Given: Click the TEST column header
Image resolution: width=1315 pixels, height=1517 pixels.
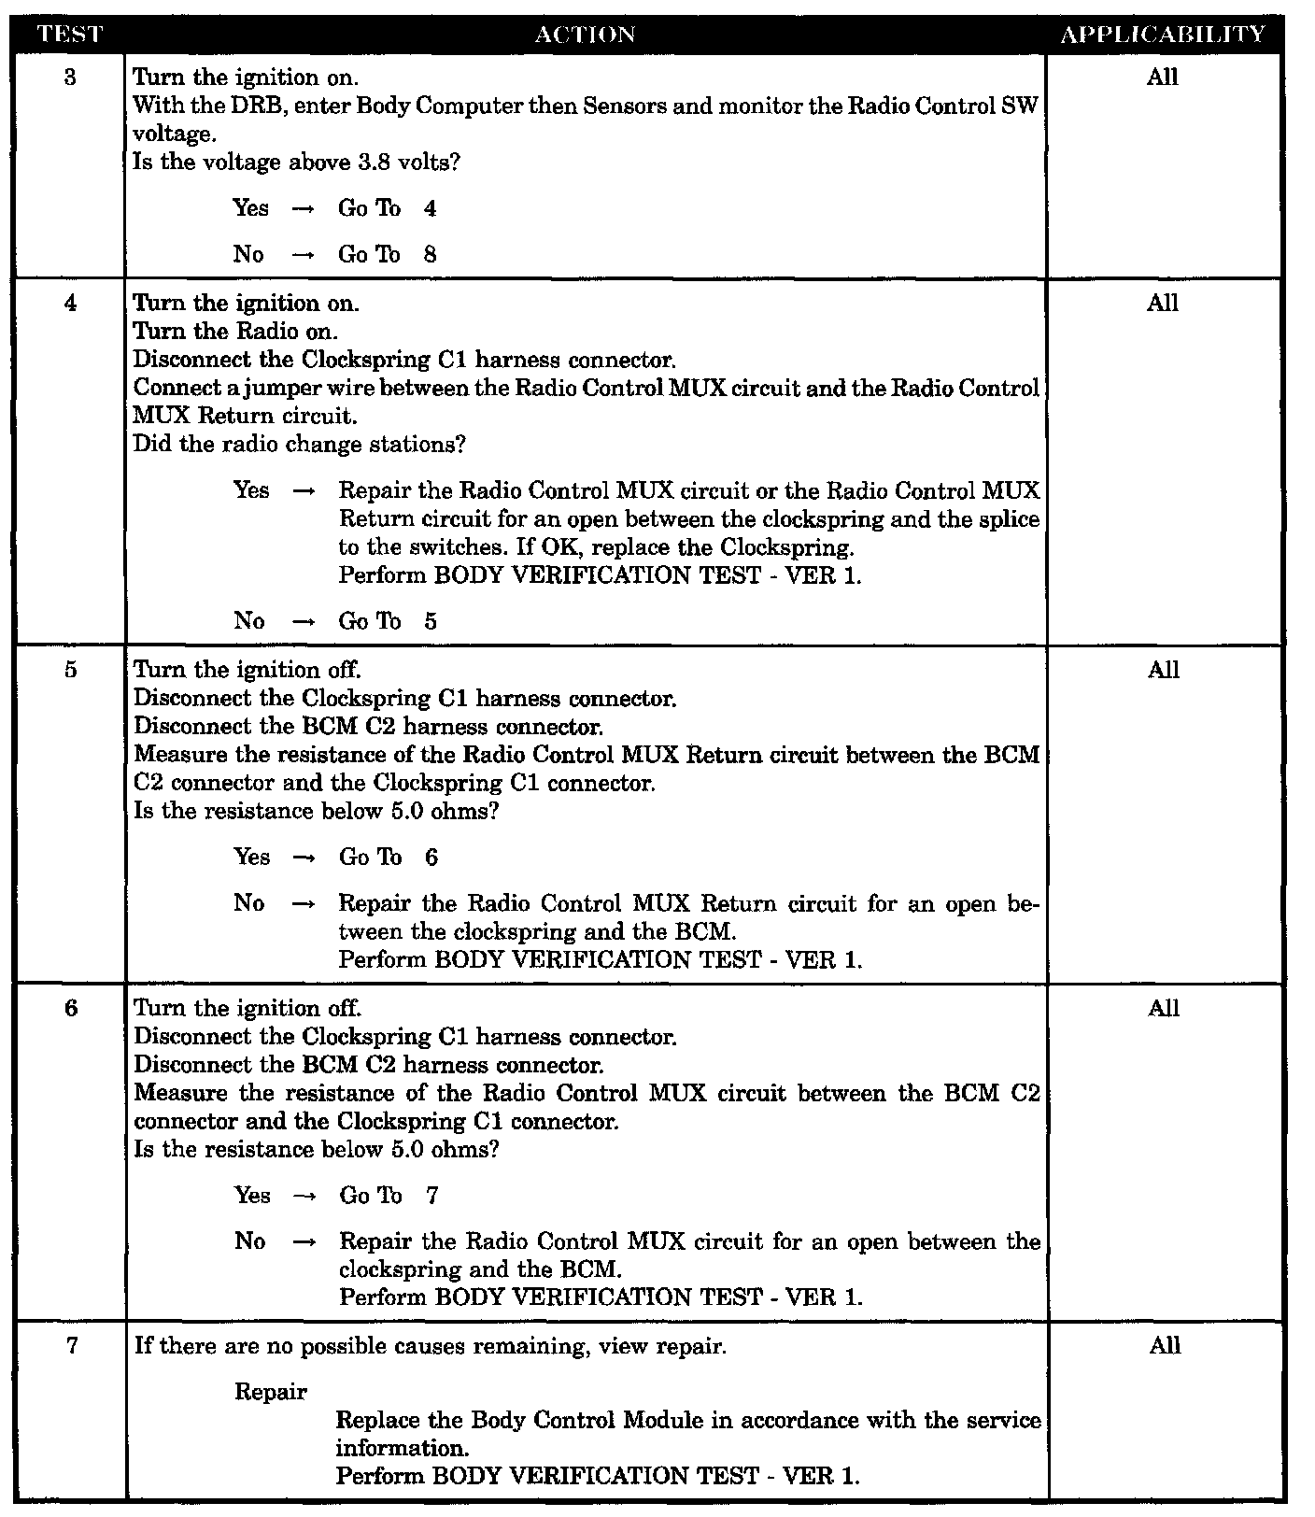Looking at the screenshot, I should [70, 35].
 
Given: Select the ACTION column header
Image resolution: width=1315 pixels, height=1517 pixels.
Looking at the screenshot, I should [586, 35].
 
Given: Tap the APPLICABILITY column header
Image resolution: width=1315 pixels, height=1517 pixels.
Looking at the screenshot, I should [1163, 35].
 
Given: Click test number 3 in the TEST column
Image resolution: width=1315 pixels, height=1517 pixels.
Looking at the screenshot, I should [71, 77].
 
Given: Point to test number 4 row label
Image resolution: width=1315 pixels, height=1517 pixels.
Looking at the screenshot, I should [71, 303].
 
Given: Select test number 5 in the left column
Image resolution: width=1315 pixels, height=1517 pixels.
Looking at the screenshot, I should [71, 670].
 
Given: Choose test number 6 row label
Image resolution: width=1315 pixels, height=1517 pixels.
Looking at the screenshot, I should [71, 1008].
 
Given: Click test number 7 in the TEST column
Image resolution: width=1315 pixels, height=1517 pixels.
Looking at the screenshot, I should [71, 1345].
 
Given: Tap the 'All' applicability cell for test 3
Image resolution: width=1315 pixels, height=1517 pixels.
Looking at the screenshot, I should [1163, 77].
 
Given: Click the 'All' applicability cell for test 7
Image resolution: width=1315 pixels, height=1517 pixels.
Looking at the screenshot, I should [1164, 1345].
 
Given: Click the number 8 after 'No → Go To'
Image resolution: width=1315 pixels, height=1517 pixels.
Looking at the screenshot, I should [430, 255].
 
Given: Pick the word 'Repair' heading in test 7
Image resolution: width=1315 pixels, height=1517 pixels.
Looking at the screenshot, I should [271, 1392].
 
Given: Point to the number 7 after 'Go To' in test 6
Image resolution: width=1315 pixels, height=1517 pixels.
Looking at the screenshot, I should [431, 1196].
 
